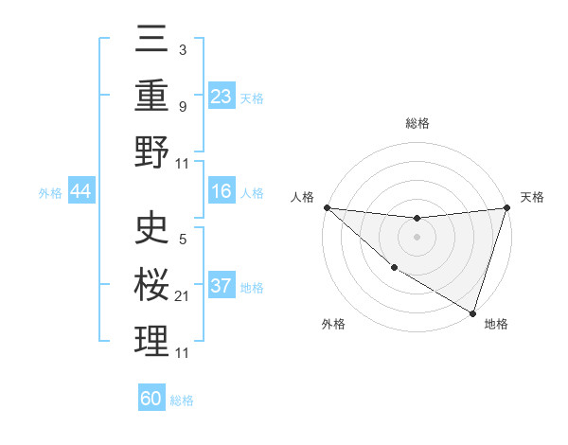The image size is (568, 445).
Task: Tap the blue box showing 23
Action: click(x=221, y=97)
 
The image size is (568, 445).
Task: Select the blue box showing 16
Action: click(x=221, y=191)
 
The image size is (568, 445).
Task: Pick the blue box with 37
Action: click(x=221, y=286)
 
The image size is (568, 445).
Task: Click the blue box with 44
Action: click(x=80, y=191)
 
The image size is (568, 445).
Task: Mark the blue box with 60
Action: click(x=151, y=399)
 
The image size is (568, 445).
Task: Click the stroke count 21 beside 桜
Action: click(x=183, y=297)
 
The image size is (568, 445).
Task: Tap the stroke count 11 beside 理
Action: click(x=183, y=353)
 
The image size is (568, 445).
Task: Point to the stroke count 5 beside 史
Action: click(x=183, y=240)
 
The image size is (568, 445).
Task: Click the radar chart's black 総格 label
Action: click(x=417, y=123)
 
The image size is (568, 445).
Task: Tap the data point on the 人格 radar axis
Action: click(x=327, y=207)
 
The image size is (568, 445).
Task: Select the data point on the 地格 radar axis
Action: click(x=471, y=312)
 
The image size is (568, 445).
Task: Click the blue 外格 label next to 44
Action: click(x=50, y=192)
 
